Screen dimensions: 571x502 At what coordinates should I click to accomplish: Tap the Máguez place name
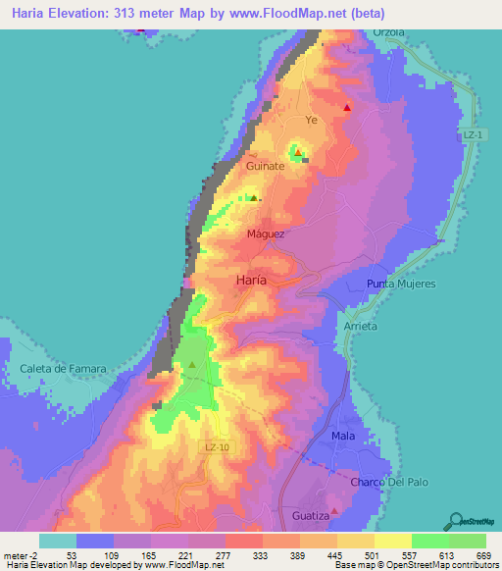pos(266,234)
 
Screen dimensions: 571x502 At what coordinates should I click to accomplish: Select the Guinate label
pos(265,167)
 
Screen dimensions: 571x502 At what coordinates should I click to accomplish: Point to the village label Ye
pos(313,120)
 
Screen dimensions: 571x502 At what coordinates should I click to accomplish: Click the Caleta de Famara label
pos(62,369)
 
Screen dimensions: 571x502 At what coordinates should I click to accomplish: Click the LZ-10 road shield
pos(219,446)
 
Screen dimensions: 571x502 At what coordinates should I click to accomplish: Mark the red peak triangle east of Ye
pos(347,108)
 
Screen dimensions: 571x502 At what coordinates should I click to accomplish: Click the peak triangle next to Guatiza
pos(334,510)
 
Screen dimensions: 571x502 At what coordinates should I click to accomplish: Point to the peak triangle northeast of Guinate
pos(298,152)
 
